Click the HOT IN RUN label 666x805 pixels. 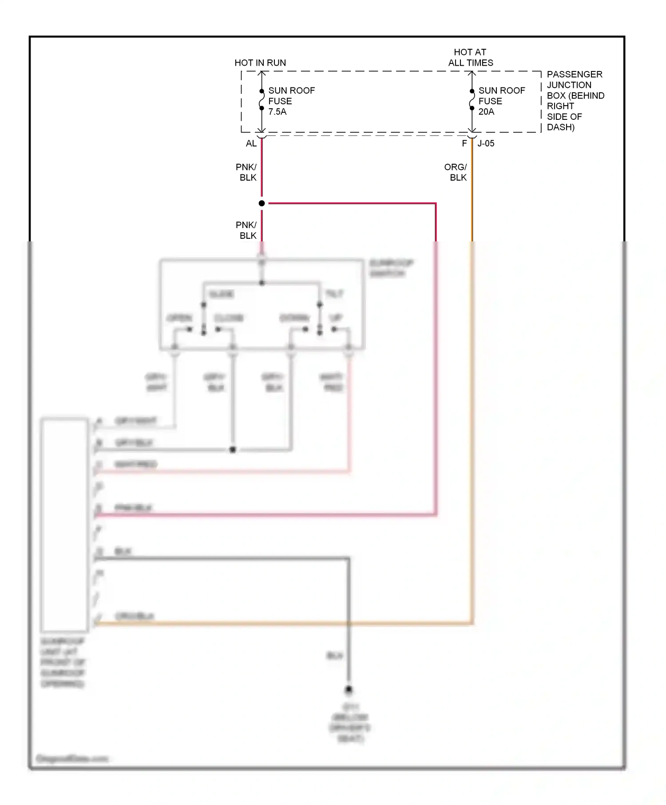[x=260, y=63]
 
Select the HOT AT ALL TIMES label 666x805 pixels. [x=470, y=58]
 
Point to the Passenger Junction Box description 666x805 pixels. [x=575, y=101]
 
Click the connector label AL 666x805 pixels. [x=251, y=143]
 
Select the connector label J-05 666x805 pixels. [x=486, y=143]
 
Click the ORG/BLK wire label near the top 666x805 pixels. [x=456, y=172]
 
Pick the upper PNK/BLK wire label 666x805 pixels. [x=246, y=172]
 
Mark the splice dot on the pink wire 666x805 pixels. [x=262, y=203]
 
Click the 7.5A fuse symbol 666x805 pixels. [x=262, y=100]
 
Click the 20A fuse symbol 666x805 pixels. [x=472, y=100]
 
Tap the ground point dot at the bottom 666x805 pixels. [x=349, y=689]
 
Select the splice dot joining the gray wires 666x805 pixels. [x=233, y=450]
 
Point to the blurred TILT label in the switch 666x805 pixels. [x=334, y=294]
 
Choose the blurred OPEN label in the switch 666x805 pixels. [x=179, y=318]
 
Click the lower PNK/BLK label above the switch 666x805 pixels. [x=246, y=230]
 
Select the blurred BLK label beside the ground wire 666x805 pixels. [x=335, y=655]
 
